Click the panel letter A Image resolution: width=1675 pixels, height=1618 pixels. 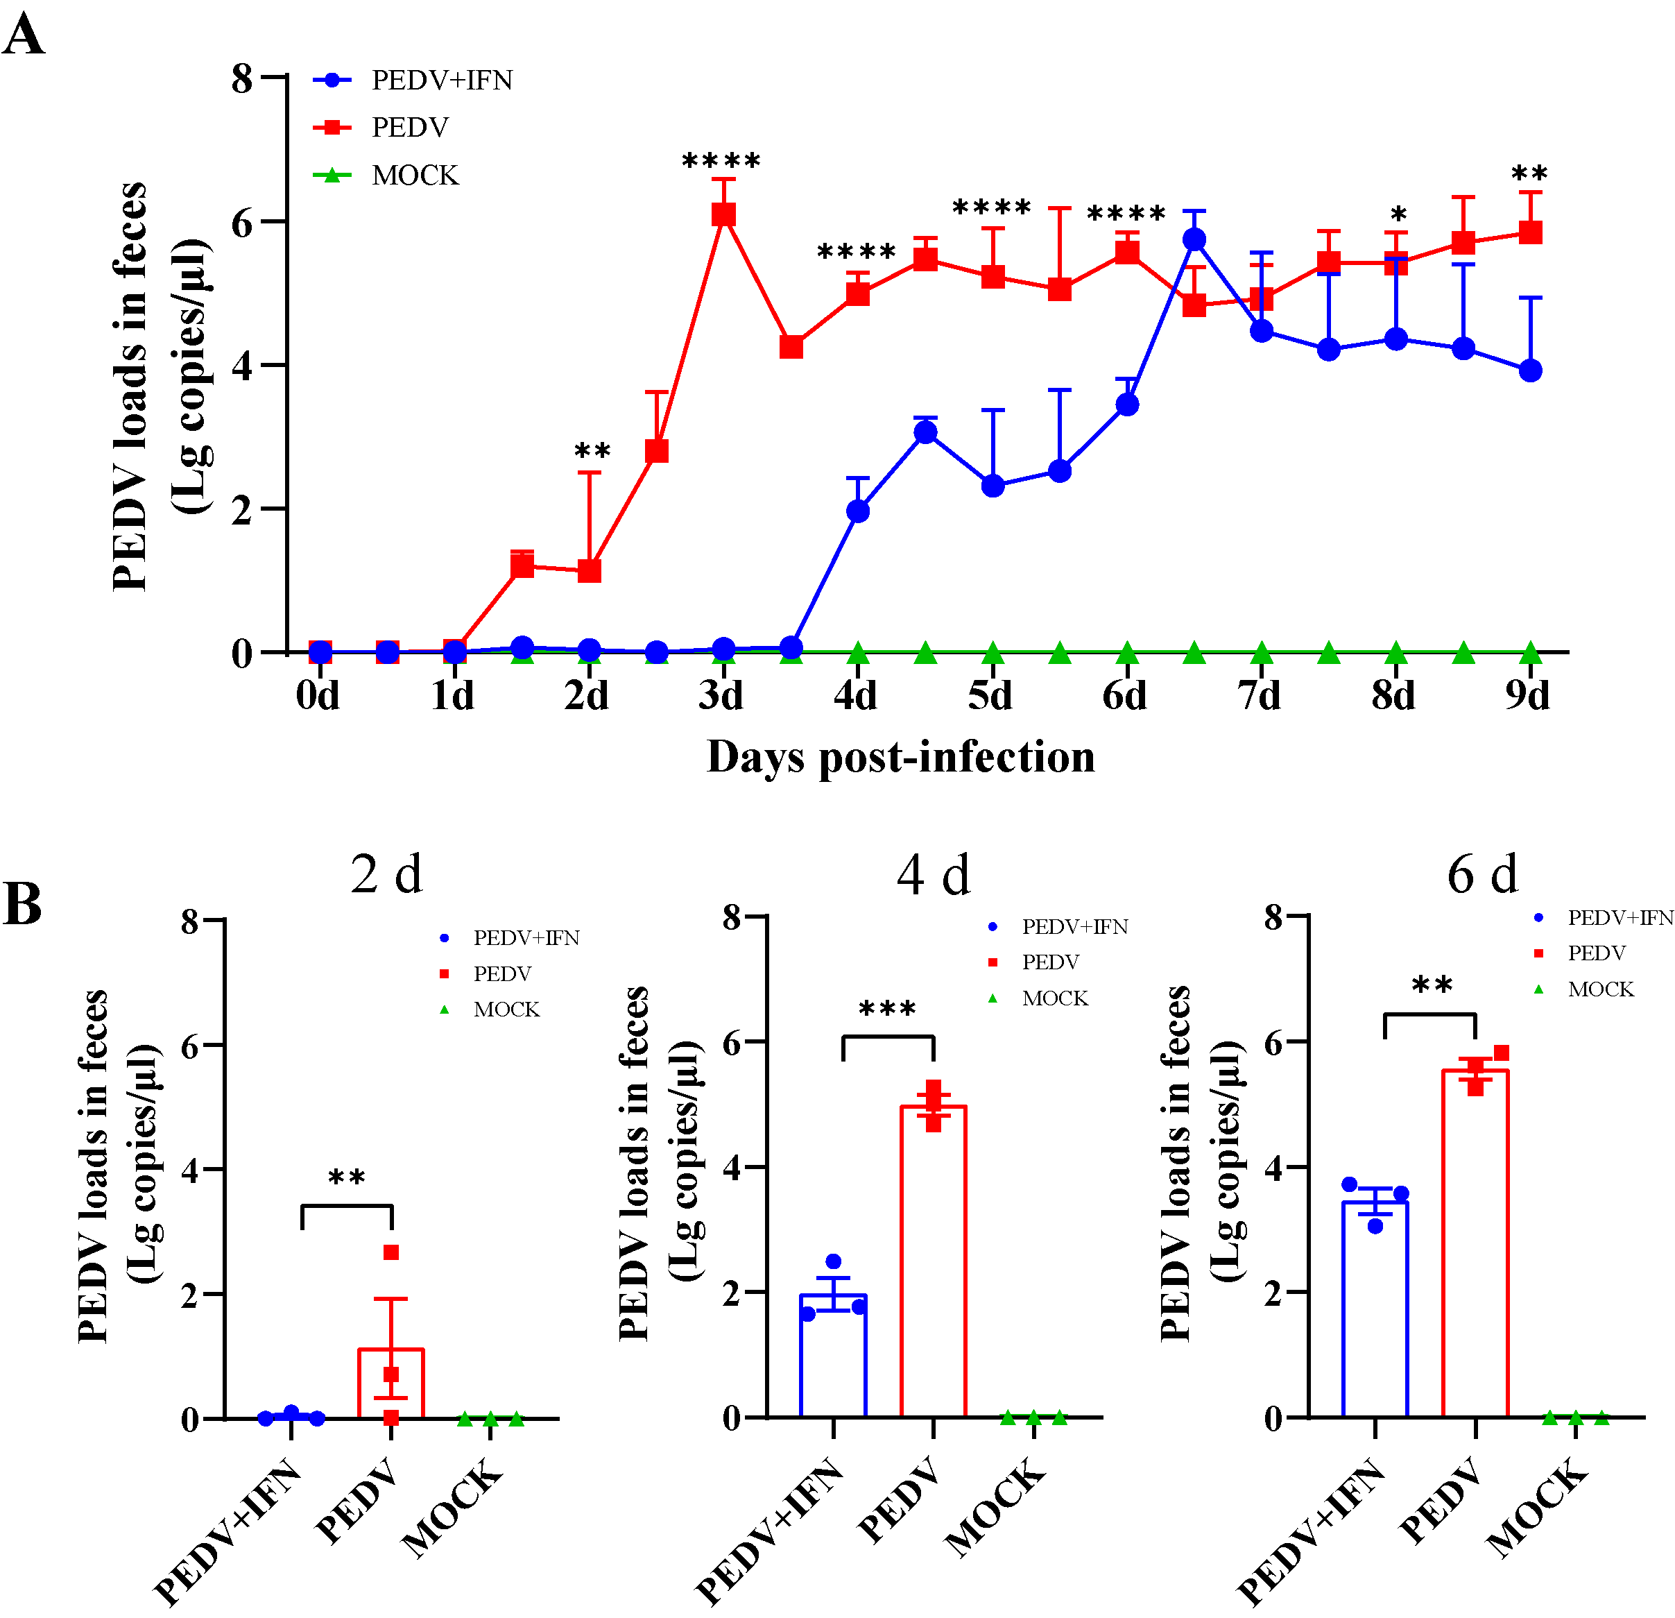(23, 36)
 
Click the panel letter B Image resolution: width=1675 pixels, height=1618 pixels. (23, 903)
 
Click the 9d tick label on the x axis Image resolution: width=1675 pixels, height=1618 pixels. (1528, 696)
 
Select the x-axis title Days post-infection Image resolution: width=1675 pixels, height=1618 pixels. (901, 757)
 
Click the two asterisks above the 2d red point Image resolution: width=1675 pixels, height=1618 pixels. (592, 451)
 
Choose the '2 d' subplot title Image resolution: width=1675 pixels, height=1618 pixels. (386, 874)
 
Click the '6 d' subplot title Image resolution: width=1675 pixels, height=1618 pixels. (1483, 874)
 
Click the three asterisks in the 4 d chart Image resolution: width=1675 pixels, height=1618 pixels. (887, 1010)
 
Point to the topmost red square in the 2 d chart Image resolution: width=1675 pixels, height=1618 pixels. (391, 1252)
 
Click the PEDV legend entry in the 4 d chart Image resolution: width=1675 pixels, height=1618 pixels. (1049, 962)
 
